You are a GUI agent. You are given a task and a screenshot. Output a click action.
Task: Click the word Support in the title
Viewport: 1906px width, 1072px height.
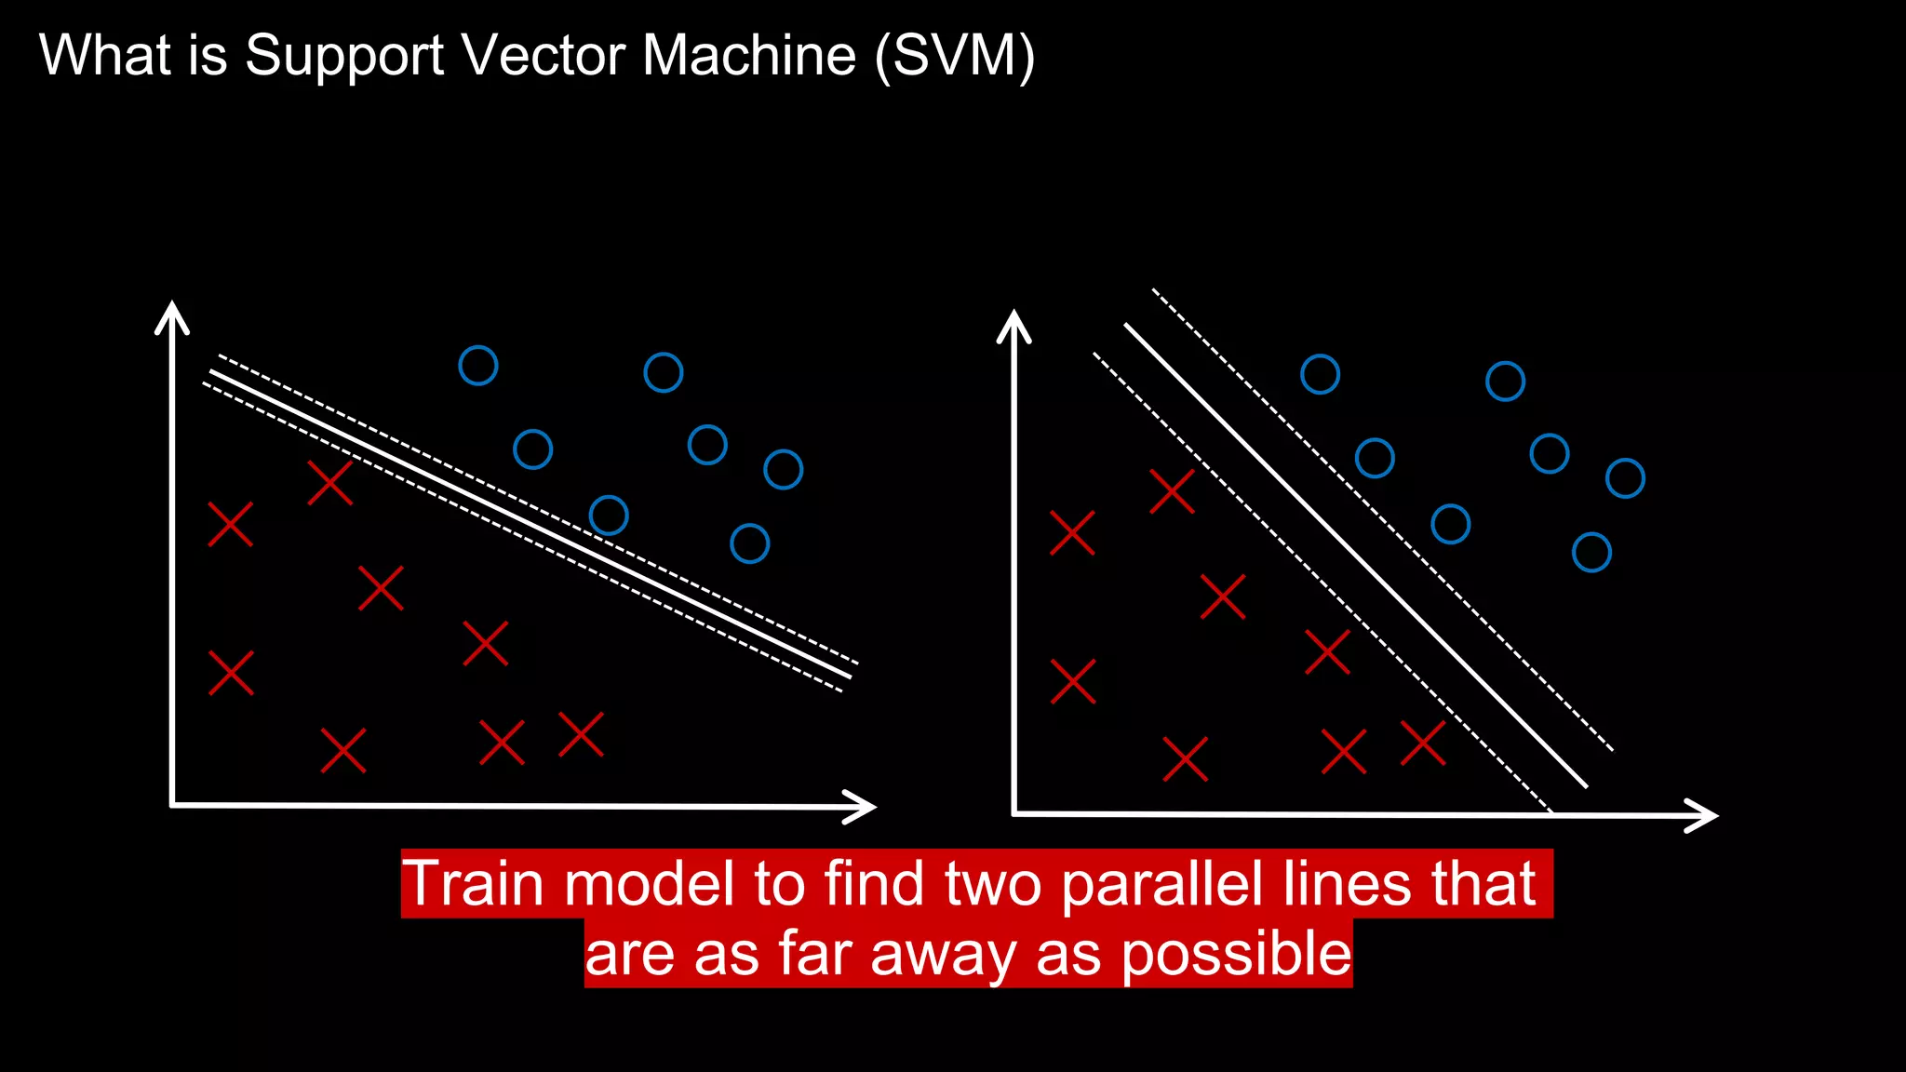[344, 56]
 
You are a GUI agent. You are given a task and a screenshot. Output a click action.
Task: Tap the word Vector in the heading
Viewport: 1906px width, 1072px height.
[543, 56]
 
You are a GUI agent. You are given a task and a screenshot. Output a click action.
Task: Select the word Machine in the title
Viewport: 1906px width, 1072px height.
[748, 56]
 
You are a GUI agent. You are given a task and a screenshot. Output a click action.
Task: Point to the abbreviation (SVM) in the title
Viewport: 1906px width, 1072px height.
[954, 56]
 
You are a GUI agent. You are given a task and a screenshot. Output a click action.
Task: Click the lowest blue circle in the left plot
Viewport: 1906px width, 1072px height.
[749, 543]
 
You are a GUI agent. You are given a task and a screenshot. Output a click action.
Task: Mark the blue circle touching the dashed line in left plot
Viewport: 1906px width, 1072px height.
[609, 515]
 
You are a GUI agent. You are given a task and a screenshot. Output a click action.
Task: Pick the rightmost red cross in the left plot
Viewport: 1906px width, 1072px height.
[581, 734]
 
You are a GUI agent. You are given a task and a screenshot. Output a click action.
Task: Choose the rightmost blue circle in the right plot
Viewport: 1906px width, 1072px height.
[1625, 478]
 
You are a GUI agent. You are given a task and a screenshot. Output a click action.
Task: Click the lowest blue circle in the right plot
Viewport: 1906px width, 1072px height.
[1591, 553]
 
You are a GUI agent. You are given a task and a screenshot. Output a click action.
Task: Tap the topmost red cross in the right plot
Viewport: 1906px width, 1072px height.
[1172, 491]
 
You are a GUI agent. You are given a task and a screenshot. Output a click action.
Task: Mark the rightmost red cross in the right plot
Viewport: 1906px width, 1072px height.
[1423, 744]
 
